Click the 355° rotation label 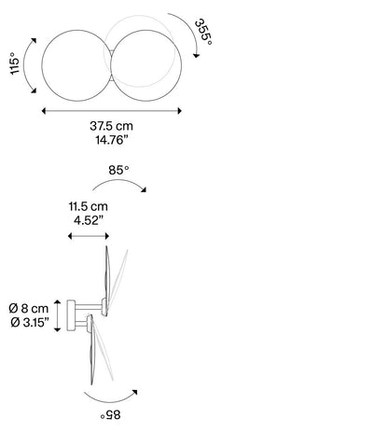203,33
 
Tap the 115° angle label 15,63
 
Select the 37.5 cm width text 111,126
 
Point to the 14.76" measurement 112,140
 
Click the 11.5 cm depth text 89,206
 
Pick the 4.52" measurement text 89,220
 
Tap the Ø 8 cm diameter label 29,308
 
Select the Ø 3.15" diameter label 30,323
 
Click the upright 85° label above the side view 118,170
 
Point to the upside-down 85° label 110,414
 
